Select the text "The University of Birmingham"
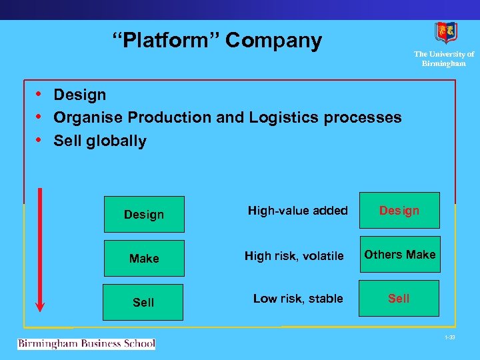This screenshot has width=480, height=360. (x=444, y=59)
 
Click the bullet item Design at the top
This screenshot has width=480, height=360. (x=79, y=95)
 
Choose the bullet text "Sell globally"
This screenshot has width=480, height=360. (x=100, y=141)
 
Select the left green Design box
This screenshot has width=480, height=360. (x=144, y=214)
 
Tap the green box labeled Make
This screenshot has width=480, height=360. (x=144, y=258)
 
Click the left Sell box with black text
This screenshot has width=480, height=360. (x=144, y=302)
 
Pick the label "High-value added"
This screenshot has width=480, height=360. (x=297, y=211)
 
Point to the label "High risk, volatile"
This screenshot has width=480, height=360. (x=294, y=256)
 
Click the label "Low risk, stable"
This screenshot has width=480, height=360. (x=298, y=299)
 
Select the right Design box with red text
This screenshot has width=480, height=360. (x=399, y=211)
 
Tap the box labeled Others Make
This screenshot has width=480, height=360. (x=400, y=254)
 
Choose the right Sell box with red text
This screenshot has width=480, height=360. (x=399, y=298)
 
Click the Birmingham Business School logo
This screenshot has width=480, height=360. (x=86, y=344)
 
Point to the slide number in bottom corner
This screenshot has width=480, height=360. (x=451, y=338)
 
